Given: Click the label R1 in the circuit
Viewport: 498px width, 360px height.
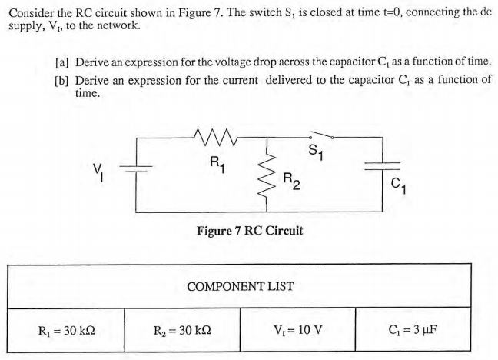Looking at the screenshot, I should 217,163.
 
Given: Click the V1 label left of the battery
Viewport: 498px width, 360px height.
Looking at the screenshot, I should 98,169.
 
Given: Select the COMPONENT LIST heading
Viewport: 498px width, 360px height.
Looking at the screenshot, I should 240,285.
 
